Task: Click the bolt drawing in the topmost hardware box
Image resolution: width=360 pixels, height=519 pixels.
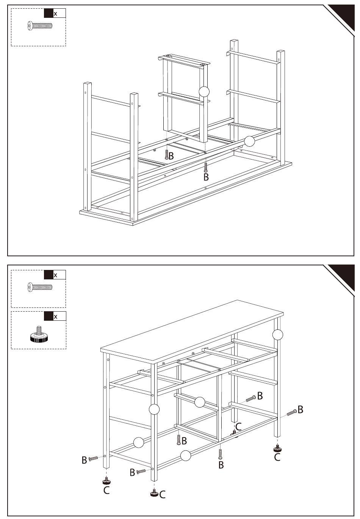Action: [x=40, y=25]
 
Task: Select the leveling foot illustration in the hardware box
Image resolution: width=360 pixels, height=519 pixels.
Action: [x=39, y=334]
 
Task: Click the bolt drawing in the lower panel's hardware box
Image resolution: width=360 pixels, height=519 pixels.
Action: [x=40, y=287]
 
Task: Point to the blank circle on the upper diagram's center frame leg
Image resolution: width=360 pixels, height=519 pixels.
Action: [x=204, y=92]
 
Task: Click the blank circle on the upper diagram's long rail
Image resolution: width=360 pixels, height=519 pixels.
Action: [x=249, y=141]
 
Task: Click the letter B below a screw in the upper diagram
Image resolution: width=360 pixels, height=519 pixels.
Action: [x=206, y=177]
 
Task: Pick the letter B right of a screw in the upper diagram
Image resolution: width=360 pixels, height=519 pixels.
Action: [x=171, y=156]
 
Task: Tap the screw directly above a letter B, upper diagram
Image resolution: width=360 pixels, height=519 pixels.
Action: [x=205, y=167]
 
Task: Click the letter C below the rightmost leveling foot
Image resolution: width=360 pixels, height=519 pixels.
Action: [x=277, y=457]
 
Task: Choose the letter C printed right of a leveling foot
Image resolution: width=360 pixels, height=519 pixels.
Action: [x=163, y=494]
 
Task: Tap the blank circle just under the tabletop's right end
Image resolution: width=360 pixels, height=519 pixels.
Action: [x=277, y=335]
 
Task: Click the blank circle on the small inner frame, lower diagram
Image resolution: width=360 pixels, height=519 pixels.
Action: [x=199, y=402]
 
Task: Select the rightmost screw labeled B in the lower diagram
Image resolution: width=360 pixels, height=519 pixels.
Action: [x=292, y=412]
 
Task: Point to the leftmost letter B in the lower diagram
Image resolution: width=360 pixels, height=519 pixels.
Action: [x=85, y=460]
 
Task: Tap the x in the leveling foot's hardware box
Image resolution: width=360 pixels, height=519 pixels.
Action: [x=55, y=317]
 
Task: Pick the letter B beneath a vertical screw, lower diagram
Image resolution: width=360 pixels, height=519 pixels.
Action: [x=221, y=464]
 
